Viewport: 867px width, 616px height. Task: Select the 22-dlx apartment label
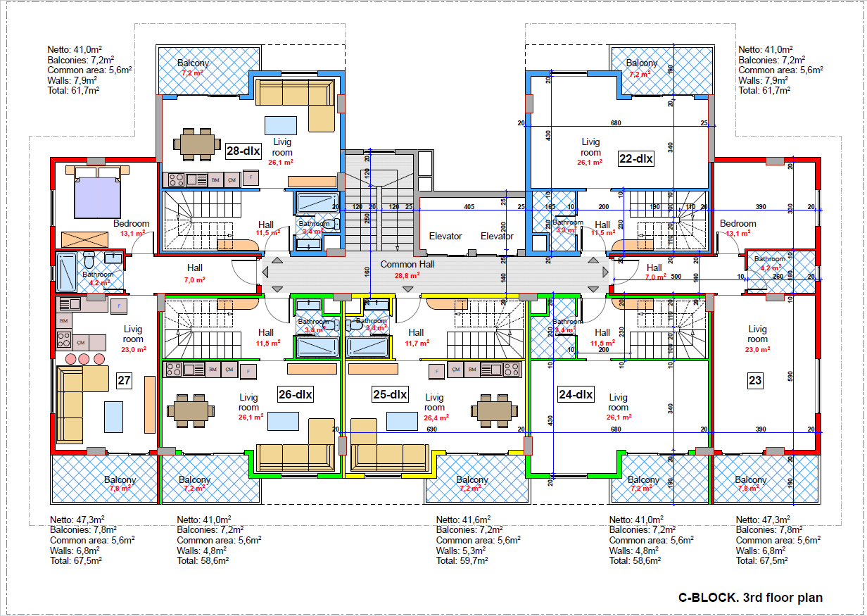636,159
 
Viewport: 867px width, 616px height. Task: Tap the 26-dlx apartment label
296,395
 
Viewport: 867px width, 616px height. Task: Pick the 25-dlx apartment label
390,395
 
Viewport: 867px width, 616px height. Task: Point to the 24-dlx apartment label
576,394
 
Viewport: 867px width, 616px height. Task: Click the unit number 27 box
125,382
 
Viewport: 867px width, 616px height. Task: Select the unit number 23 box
755,382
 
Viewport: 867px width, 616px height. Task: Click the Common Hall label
407,265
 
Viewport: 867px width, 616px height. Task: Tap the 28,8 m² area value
407,277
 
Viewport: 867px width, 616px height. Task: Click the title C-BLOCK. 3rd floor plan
750,598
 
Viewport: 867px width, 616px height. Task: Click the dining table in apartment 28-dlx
196,144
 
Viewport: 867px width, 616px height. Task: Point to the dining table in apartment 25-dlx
492,409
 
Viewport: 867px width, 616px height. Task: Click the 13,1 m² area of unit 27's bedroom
132,233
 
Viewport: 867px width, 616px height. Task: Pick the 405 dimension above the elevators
469,207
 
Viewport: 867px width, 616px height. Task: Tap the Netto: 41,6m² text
464,520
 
